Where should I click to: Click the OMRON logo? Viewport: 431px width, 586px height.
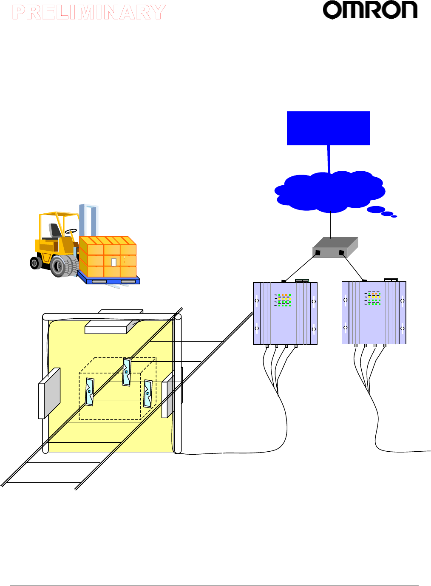[370, 10]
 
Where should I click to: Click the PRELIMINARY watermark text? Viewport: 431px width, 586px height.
[89, 12]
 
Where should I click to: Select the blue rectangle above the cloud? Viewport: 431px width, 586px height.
[328, 128]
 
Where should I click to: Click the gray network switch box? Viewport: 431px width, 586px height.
[335, 247]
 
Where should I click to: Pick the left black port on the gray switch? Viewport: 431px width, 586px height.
[318, 252]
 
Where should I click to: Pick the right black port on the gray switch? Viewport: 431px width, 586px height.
[341, 253]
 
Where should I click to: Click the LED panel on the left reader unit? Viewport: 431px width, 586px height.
[284, 300]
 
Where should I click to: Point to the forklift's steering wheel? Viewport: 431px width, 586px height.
[71, 231]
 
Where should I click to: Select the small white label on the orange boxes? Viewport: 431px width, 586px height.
[114, 262]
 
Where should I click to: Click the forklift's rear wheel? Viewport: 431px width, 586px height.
[36, 263]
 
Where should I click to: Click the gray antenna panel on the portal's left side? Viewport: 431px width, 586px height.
[49, 393]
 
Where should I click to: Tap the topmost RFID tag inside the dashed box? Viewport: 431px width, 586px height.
[127, 372]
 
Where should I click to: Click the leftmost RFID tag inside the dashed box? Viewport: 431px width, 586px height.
[89, 392]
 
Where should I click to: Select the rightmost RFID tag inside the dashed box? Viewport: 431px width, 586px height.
[147, 393]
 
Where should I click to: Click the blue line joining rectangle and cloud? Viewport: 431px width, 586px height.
[329, 159]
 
